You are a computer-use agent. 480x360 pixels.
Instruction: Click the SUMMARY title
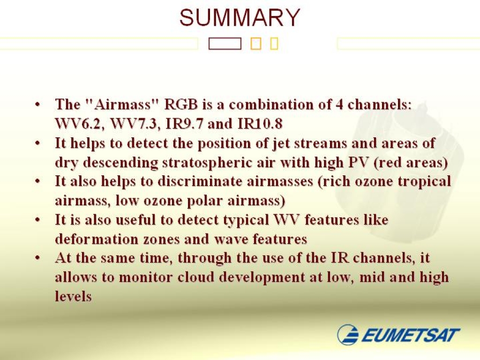coord(240,17)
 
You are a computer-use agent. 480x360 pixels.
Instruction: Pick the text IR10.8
coord(260,124)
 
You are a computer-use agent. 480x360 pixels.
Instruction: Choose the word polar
coord(204,201)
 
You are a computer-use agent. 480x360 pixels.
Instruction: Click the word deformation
coord(97,239)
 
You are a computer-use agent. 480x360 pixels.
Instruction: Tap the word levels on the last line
coord(74,296)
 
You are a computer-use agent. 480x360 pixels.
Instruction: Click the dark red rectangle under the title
coord(225,44)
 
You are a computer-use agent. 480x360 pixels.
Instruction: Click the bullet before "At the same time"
coord(37,258)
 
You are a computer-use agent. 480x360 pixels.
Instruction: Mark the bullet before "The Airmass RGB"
coord(37,105)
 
